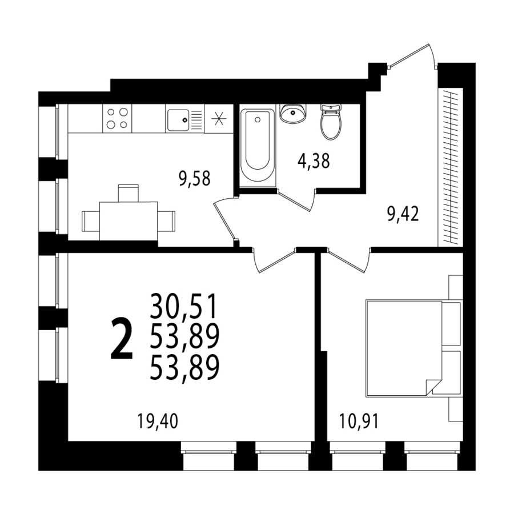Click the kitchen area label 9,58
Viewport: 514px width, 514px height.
coord(194,179)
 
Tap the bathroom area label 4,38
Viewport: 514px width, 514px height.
coord(314,161)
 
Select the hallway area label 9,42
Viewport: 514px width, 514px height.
coord(403,214)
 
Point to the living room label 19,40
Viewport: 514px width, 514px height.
coord(158,421)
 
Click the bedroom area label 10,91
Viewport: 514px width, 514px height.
coord(359,421)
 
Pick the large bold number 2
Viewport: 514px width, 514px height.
coord(122,339)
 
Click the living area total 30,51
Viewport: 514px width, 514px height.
coord(184,306)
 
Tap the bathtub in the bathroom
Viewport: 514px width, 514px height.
coord(258,146)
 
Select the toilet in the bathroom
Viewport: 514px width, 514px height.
coord(331,122)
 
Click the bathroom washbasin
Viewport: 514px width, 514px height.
coord(293,114)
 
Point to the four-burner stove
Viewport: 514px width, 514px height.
coord(117,118)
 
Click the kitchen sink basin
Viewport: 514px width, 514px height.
coord(178,120)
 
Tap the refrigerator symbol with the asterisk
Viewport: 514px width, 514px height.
coord(219,118)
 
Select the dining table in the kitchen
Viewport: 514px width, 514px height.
coord(128,221)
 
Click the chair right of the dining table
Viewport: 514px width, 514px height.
coord(166,221)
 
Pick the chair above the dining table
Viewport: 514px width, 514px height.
coord(128,194)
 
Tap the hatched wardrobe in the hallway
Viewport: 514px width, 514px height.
coord(451,167)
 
